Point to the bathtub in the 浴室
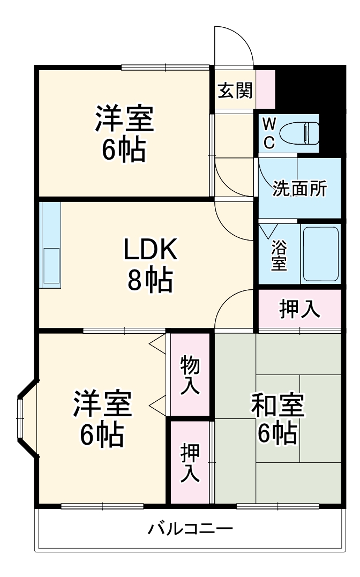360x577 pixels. coord(320,253)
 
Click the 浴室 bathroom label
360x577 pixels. coord(278,256)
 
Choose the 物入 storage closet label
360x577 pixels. coord(190,376)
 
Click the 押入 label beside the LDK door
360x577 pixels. coord(300,309)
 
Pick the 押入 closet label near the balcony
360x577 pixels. coord(190,462)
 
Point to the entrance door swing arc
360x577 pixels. coord(234,46)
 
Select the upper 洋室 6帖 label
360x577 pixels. coord(124,134)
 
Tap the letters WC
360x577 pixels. coord(269,133)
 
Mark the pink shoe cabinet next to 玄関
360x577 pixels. coord(266,89)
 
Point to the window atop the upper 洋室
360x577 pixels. coord(165,67)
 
